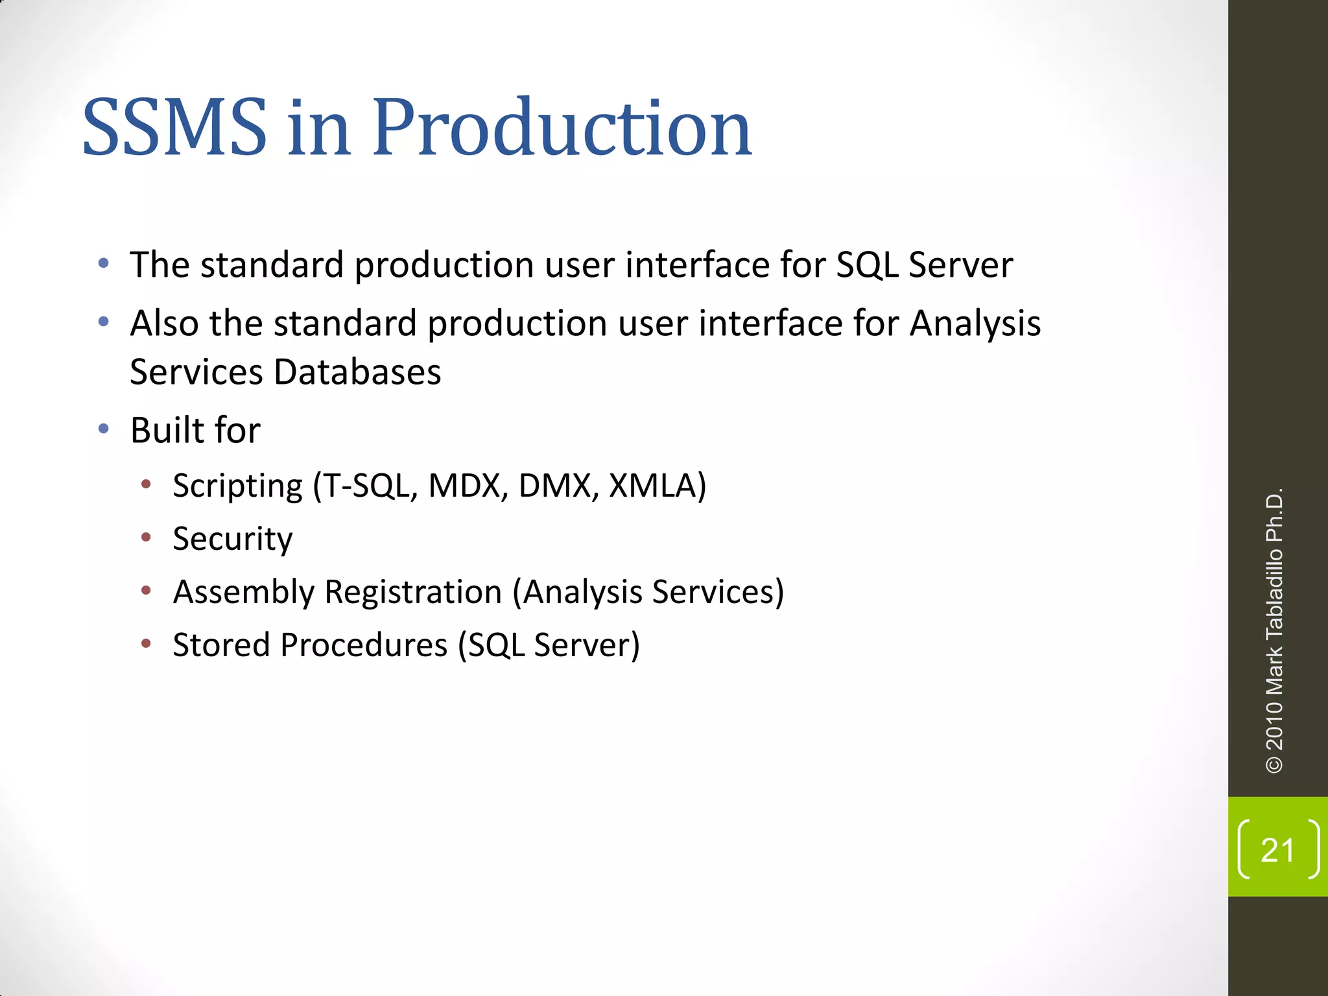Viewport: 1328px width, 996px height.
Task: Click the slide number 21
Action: tap(1277, 850)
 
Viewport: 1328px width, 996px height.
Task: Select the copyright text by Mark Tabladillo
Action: tap(1274, 630)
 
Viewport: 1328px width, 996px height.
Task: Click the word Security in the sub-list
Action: tap(232, 539)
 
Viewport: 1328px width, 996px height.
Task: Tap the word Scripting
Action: tap(237, 486)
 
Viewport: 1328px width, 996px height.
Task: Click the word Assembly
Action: tap(243, 592)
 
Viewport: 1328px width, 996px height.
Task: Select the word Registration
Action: tap(413, 592)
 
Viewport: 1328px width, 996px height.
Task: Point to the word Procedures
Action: tap(364, 645)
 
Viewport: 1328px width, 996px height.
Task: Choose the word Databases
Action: tap(357, 372)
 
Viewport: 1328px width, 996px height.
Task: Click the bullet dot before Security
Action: tap(147, 537)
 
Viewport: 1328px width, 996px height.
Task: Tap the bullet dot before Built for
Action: tap(104, 429)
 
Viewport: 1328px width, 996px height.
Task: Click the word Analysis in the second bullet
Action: tap(975, 323)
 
